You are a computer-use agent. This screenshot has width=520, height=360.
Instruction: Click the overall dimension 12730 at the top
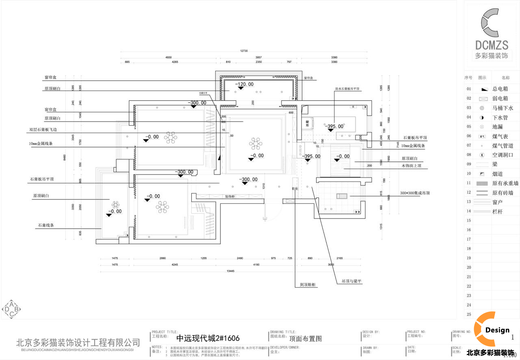[x=244, y=51]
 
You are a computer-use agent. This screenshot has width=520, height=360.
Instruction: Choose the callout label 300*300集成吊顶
[x=414, y=193]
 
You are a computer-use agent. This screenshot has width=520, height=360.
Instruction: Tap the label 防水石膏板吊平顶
[x=347, y=89]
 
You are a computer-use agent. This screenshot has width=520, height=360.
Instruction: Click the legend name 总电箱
[x=500, y=89]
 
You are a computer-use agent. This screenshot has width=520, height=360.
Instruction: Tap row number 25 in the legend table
[x=469, y=314]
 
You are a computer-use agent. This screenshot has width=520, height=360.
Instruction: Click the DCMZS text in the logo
[x=492, y=45]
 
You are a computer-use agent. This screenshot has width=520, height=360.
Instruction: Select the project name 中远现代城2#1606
[x=208, y=338]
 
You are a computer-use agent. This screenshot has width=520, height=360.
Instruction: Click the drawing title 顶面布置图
[x=305, y=338]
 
